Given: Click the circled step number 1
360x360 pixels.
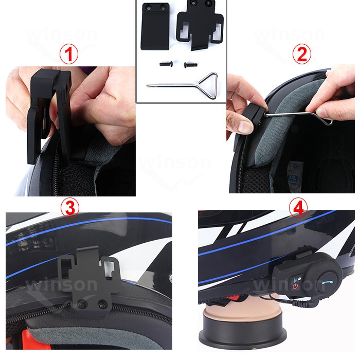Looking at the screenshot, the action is coord(69,55).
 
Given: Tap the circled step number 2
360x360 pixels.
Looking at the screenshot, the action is coord(302,54).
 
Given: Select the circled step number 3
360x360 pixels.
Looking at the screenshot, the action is coord(70,208).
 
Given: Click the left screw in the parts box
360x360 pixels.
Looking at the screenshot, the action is coord(166,64).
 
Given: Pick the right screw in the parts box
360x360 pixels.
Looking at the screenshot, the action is coord(190,65).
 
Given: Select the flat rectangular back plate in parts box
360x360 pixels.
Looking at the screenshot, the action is coord(155,26).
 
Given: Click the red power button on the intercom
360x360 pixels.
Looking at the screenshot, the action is coord(295,286).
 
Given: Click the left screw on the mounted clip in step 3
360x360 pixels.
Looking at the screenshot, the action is coord(82,305).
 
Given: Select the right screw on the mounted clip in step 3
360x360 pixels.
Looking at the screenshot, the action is coord(101,305).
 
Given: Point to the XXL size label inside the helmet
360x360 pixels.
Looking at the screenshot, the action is coord(292,178).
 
